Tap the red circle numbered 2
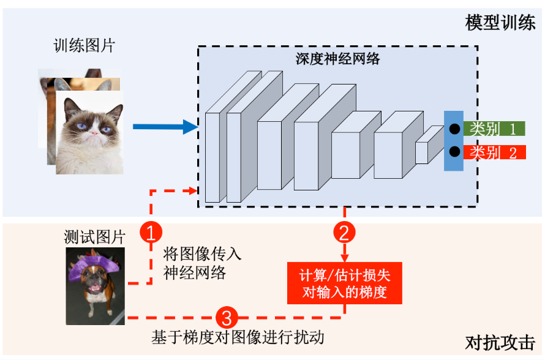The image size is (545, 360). click(x=345, y=233)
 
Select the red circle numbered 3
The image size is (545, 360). click(x=226, y=318)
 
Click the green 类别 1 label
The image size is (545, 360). click(x=494, y=129)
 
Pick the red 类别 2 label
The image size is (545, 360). click(x=494, y=152)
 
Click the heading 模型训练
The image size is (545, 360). click(x=500, y=23)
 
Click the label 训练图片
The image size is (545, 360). click(x=83, y=45)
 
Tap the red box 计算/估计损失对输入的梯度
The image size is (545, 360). click(x=345, y=282)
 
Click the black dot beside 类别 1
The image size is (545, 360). click(x=454, y=129)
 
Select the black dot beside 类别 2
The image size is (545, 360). click(x=454, y=152)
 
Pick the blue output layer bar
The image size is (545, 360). click(x=454, y=141)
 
